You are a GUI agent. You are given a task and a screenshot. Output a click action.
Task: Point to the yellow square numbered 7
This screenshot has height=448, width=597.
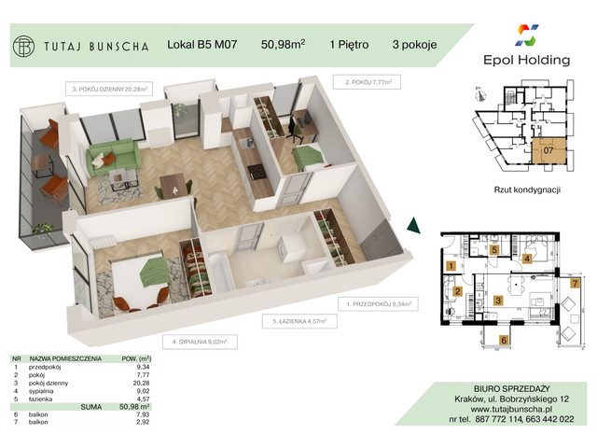point(576,282)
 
